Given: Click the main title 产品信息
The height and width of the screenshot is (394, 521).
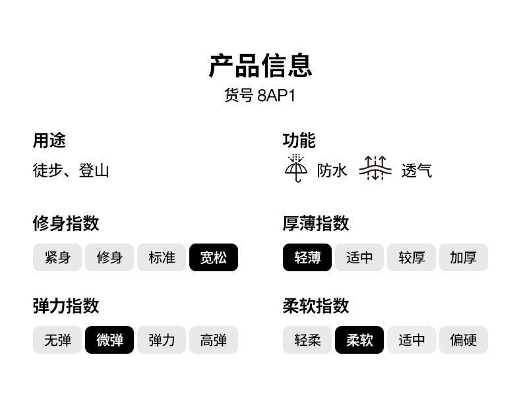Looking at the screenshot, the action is [x=260, y=65].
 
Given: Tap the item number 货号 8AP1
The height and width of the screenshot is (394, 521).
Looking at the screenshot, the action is [x=260, y=96].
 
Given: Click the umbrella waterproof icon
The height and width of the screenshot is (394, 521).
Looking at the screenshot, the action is [x=296, y=168].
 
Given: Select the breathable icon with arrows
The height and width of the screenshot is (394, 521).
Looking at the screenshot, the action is [x=375, y=168].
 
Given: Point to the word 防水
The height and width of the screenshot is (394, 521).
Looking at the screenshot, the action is [x=332, y=170].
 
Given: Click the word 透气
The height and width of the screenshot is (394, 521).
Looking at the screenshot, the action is [x=416, y=170].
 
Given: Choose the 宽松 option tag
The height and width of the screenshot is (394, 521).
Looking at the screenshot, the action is [x=213, y=257].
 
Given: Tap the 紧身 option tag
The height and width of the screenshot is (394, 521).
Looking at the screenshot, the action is [x=57, y=257].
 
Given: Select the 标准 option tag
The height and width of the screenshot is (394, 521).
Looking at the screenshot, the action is [x=162, y=257].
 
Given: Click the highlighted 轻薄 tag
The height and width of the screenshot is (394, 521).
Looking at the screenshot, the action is [x=307, y=257].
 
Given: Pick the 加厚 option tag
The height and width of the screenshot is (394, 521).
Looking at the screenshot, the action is [x=464, y=257].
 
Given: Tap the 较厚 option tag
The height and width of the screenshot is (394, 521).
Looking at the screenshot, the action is [x=412, y=257].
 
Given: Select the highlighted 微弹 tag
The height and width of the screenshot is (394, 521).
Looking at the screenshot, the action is [x=109, y=340].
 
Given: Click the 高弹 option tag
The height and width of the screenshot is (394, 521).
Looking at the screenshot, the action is [x=213, y=340].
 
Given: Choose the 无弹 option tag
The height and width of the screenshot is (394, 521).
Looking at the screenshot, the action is [x=57, y=340].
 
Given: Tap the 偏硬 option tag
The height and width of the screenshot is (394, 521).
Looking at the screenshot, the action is [x=464, y=340].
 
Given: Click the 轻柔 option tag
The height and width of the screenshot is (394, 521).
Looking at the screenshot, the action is [x=307, y=340].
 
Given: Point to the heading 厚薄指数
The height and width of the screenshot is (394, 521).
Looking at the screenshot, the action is [x=316, y=223].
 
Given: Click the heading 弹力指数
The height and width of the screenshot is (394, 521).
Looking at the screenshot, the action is [x=66, y=306].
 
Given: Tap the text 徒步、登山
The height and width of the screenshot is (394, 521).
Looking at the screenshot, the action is [x=71, y=170].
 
